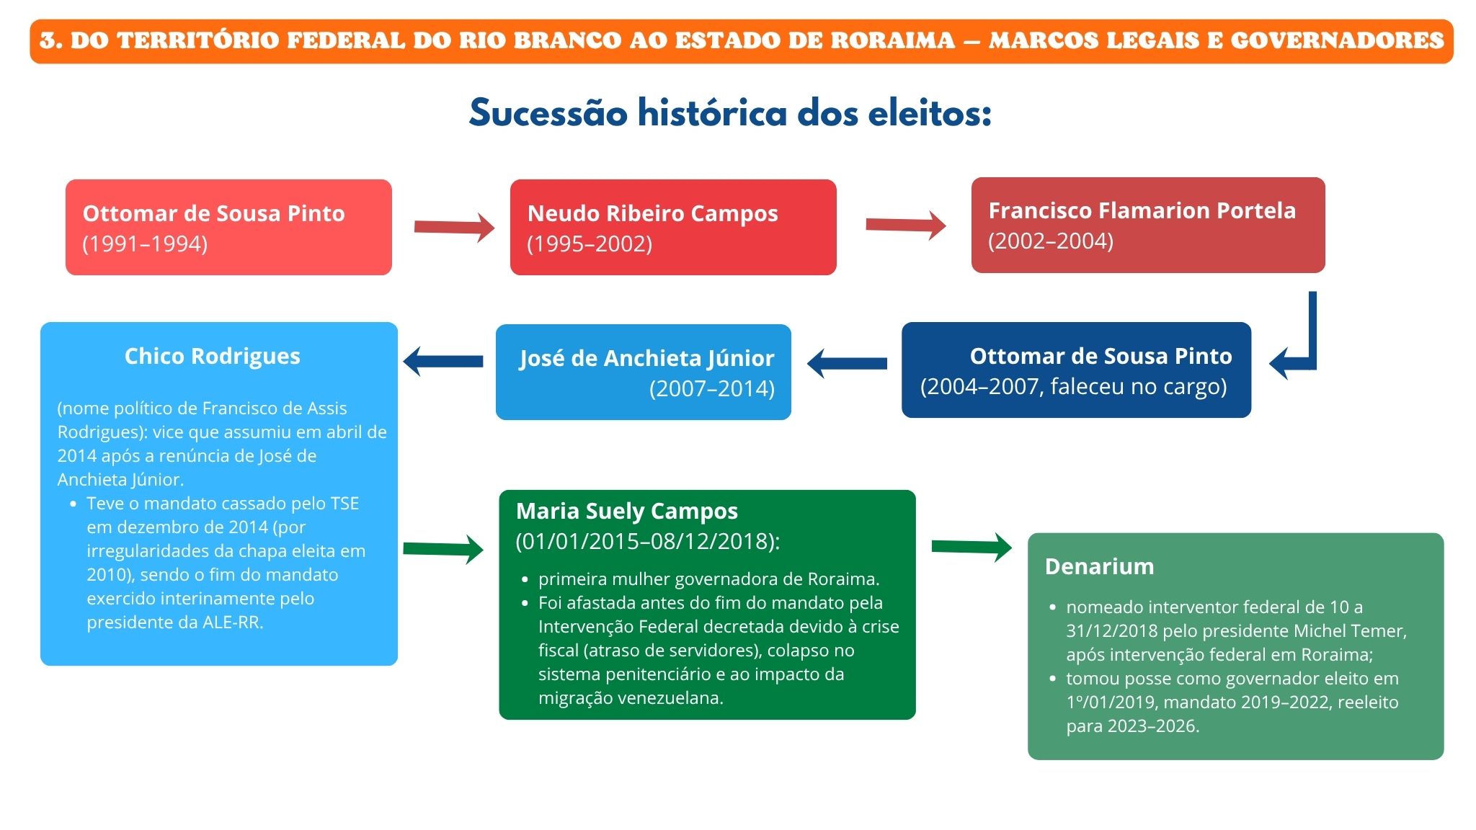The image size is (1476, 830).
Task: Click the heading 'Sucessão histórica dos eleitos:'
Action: tap(730, 113)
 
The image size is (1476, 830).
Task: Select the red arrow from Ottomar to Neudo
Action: tap(454, 227)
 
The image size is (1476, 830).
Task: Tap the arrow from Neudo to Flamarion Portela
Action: tap(906, 225)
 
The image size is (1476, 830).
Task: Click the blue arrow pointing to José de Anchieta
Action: tap(847, 363)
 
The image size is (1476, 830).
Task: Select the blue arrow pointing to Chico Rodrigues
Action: tap(443, 361)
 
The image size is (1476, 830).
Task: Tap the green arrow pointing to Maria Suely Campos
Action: tap(443, 549)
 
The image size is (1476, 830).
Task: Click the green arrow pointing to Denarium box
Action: tap(972, 547)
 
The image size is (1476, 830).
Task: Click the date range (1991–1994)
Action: tap(145, 244)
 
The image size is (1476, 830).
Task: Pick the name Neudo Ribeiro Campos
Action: tap(652, 213)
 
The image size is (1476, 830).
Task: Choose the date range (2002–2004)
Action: tap(1051, 241)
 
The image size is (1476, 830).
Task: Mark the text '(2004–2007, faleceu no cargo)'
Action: tap(1073, 387)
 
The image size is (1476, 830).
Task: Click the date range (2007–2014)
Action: tap(712, 389)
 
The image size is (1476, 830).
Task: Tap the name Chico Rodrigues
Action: tap(213, 356)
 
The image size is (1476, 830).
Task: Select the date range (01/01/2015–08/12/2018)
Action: tap(648, 541)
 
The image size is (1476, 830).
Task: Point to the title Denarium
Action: tap(1099, 566)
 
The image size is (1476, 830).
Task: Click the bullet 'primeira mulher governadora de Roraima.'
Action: tap(708, 579)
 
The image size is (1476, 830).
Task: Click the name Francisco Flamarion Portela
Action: tap(1142, 210)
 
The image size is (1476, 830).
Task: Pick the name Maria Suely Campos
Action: tap(627, 511)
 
